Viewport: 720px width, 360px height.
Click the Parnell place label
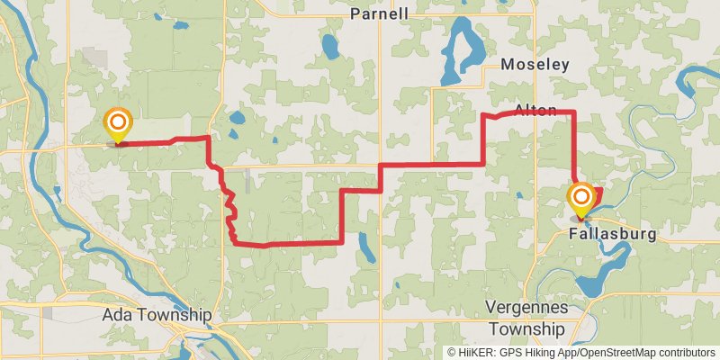click(x=379, y=13)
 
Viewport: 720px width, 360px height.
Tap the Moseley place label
click(x=535, y=65)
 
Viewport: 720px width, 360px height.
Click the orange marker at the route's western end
click(x=117, y=123)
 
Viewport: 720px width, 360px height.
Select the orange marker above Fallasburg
click(x=581, y=199)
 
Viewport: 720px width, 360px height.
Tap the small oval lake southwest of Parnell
click(x=329, y=44)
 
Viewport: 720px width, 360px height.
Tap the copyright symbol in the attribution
click(x=453, y=352)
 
